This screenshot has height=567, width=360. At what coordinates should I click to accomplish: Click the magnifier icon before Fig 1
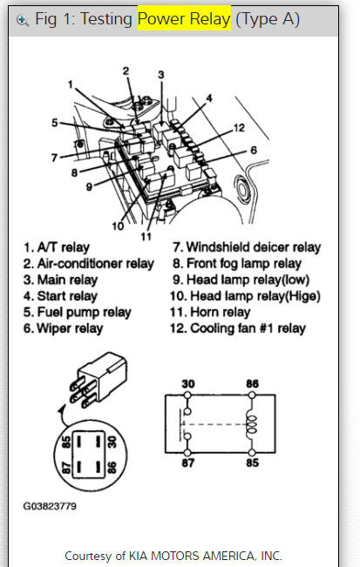(23, 19)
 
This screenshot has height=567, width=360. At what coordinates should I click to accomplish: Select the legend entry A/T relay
(66, 248)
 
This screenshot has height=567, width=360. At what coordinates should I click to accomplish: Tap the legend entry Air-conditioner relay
(89, 264)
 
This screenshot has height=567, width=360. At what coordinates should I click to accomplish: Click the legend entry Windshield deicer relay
(246, 248)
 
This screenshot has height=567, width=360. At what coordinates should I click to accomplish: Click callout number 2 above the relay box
(126, 71)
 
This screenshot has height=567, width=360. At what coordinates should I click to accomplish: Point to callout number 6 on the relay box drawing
(253, 151)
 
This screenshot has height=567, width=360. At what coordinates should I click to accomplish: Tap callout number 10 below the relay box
(117, 226)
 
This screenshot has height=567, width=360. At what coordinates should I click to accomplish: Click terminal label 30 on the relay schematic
(187, 382)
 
